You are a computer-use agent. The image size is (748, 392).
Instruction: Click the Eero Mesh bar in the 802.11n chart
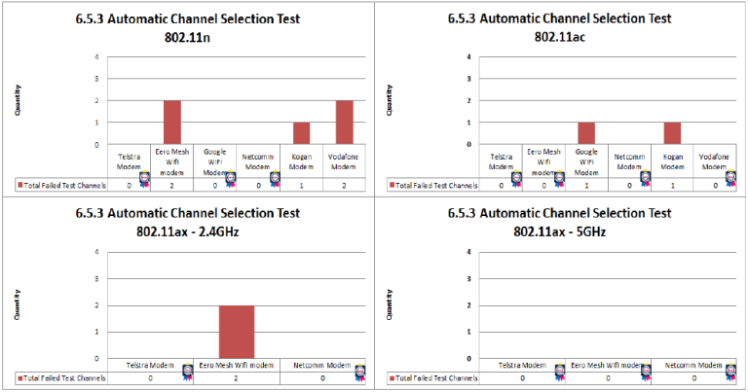(x=171, y=122)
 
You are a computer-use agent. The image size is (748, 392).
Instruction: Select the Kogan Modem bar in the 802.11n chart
(x=302, y=133)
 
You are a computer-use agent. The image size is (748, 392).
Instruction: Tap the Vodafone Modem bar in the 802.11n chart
(x=344, y=122)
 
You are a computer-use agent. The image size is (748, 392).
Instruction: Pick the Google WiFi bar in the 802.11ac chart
(x=586, y=133)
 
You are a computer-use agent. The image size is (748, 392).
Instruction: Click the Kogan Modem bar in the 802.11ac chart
(x=673, y=133)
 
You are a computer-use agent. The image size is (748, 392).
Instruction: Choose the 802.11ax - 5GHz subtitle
(x=560, y=231)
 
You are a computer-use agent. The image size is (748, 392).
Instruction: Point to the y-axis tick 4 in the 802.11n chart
(x=95, y=56)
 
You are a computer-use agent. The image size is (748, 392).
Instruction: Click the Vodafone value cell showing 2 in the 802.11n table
(x=344, y=184)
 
